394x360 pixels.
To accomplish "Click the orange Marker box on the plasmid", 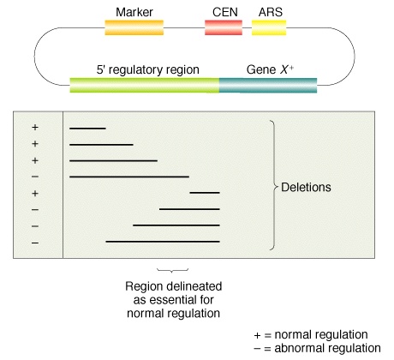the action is [134, 27].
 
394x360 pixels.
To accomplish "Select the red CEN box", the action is [224, 27].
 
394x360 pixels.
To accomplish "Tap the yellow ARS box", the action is [269, 27].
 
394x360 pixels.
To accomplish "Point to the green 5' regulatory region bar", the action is [145, 85].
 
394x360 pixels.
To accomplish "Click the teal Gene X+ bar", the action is [268, 85].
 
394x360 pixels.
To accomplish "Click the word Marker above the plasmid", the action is [134, 12].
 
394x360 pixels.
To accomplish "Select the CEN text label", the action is [225, 12].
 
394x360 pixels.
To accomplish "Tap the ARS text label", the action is [271, 12].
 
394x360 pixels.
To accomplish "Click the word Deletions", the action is [306, 188].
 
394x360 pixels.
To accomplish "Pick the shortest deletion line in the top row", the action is [87, 129].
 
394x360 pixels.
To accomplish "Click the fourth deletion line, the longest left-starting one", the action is [129, 177].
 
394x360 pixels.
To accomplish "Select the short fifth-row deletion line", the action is [205, 193].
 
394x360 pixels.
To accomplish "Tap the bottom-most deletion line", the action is [163, 242].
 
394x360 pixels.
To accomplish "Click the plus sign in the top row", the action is [35, 128].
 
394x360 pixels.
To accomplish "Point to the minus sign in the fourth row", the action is [35, 177].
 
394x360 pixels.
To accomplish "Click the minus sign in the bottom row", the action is [35, 243].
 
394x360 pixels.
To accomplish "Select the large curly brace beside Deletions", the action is [273, 185].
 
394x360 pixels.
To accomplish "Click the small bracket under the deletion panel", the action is [172, 270].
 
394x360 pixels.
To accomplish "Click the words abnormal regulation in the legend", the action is [327, 348].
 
